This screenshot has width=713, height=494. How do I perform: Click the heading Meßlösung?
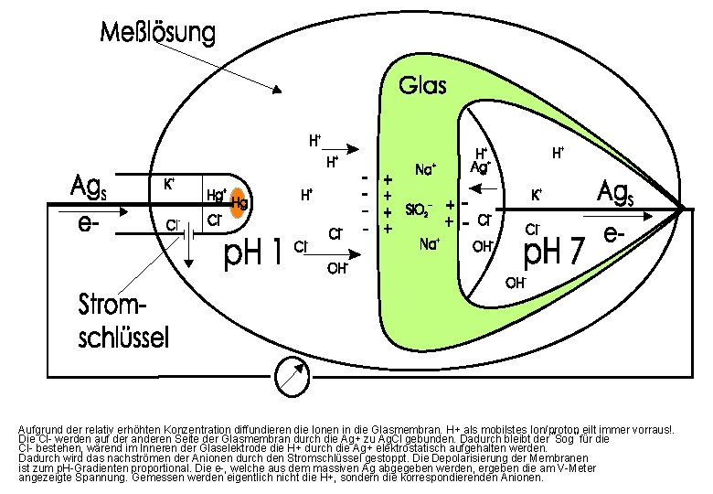pos(158,35)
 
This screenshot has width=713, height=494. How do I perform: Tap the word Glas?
pos(423,86)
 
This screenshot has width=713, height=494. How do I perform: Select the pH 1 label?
pos(253,253)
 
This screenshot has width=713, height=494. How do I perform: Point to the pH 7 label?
pos(552,249)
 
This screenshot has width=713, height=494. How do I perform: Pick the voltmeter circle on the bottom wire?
pos(291,374)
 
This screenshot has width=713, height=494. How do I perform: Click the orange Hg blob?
pos(238,202)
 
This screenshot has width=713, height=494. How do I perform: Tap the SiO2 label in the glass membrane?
pos(419,209)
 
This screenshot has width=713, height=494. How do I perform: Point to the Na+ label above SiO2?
pos(426,169)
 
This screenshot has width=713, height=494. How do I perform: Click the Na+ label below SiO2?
pos(429,243)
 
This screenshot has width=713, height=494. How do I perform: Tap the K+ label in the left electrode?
pos(170,183)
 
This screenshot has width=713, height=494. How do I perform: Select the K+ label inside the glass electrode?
pos(537,194)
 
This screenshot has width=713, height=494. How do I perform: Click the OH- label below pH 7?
pos(516,283)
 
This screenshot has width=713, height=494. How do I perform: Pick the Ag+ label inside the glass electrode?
pos(481,166)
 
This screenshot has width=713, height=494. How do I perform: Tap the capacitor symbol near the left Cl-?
pos(188,232)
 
